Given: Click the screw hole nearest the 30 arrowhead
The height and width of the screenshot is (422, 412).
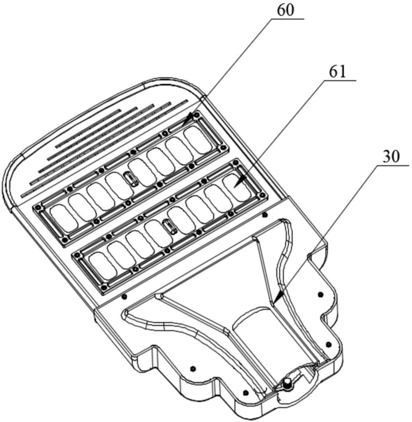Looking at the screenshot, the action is pyautogui.click(x=320, y=294).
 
